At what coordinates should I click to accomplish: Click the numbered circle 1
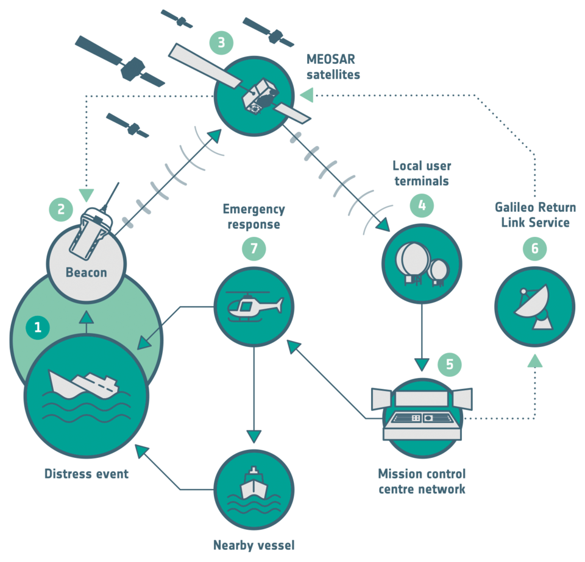[38, 328]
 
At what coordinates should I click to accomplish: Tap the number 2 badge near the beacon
[61, 209]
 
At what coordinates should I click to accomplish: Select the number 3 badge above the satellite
[221, 43]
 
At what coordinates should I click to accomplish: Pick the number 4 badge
[422, 205]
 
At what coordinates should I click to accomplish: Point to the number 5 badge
[450, 364]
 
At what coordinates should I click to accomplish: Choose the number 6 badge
[534, 248]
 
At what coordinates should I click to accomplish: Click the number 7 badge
[253, 248]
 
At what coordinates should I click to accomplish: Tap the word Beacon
[87, 272]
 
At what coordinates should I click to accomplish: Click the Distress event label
[87, 473]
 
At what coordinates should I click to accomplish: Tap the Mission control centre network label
[422, 481]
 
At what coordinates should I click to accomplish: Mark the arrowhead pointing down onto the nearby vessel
[253, 436]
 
